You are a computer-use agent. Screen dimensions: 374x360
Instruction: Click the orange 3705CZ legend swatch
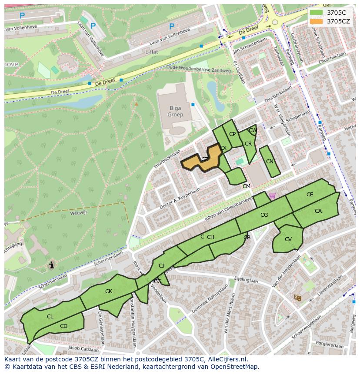point(317,21)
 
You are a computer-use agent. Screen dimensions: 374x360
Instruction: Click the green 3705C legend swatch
point(317,13)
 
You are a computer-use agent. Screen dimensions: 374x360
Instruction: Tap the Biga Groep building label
point(176,112)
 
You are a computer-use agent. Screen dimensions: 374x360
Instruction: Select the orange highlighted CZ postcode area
point(201,161)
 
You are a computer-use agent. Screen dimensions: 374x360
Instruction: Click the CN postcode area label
point(270,162)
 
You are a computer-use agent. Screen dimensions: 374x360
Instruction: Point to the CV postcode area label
point(288,239)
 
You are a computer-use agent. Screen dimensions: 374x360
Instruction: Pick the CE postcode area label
point(310,195)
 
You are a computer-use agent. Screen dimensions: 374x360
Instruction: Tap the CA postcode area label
point(318,211)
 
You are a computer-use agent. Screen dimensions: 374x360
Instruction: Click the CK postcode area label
point(109,291)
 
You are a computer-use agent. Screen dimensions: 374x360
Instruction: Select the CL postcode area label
point(50,317)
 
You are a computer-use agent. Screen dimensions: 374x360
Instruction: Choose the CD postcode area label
point(63,326)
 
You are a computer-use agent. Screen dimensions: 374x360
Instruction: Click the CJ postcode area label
point(161,266)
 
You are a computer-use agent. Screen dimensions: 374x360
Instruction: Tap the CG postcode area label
point(264,215)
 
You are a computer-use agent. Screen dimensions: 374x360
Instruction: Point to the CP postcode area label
point(232,134)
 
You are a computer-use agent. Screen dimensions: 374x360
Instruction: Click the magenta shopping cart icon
point(272,196)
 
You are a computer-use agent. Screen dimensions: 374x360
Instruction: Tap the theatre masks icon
point(298,298)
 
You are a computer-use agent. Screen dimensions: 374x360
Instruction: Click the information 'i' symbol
point(52,265)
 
